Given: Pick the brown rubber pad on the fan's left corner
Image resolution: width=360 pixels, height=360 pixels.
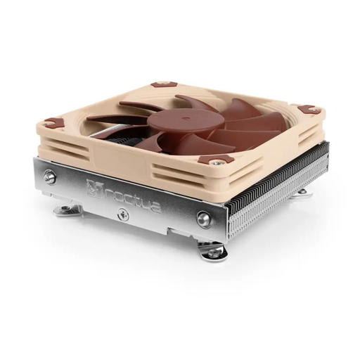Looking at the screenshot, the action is (x=55, y=122).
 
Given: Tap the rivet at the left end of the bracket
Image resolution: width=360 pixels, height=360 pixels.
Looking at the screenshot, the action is (x=50, y=176).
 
